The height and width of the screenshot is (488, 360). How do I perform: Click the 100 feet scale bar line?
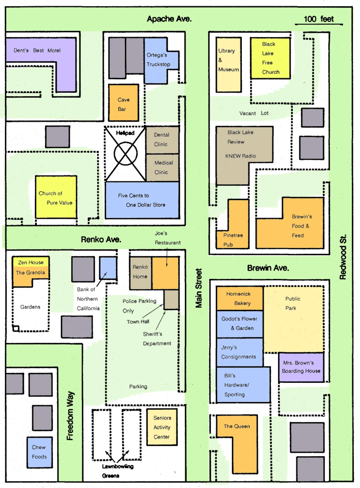pos(319,24)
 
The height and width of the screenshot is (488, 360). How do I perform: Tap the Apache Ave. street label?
pos(169,19)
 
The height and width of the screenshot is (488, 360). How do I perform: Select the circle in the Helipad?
pos(125,154)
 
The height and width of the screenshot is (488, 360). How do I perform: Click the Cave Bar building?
pos(124,103)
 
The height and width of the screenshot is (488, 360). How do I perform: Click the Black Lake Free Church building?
pos(270,58)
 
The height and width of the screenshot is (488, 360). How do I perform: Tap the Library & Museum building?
pos(229,65)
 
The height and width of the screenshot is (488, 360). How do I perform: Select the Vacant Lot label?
pos(254,113)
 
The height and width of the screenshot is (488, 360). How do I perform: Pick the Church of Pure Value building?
pos(56,197)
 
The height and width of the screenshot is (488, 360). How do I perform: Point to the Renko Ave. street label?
pos(101,239)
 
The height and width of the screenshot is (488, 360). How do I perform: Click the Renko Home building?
pos(141,273)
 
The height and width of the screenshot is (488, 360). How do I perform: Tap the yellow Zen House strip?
pos(31,262)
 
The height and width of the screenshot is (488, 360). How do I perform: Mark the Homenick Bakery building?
pos(240,298)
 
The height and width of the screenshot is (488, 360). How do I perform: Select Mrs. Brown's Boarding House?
pos(301,367)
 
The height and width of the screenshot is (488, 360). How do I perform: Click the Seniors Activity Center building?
pos(162,427)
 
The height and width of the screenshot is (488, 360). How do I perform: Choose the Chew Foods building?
pos(40,452)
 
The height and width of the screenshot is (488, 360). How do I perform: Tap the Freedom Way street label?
pos(70,416)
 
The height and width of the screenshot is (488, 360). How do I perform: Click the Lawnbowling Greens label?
pos(118,471)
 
